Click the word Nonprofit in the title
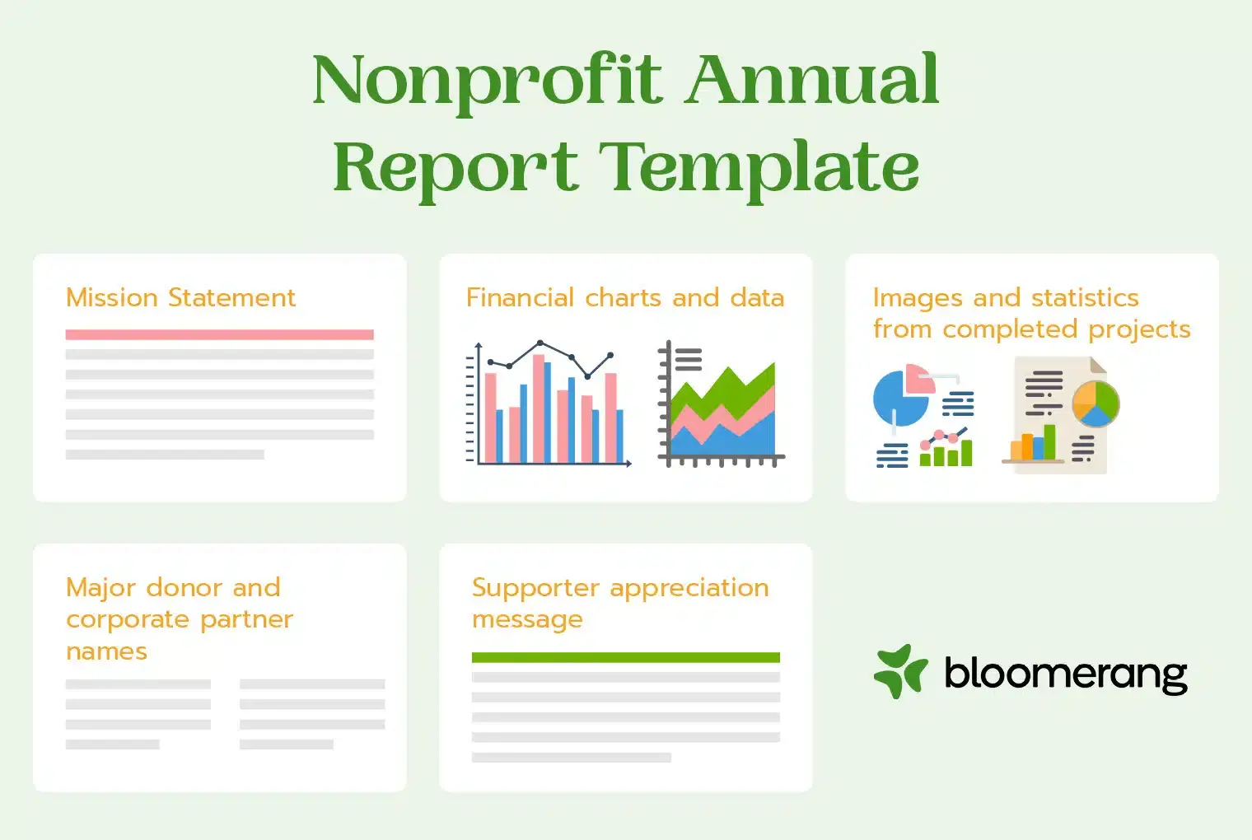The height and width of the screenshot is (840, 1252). (x=487, y=81)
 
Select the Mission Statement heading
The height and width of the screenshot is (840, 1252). (x=180, y=297)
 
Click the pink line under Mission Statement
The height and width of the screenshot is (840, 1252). (x=219, y=334)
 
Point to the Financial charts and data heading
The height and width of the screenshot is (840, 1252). (x=624, y=297)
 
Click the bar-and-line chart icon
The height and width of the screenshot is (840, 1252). (x=549, y=405)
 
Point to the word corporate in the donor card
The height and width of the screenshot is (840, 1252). (x=128, y=619)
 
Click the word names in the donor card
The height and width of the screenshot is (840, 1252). (x=106, y=651)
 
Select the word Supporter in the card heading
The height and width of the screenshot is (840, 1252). (x=535, y=588)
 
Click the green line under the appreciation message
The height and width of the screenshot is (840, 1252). (x=625, y=657)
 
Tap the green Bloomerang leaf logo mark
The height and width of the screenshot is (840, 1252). (x=900, y=671)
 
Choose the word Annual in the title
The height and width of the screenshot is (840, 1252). (x=813, y=81)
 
